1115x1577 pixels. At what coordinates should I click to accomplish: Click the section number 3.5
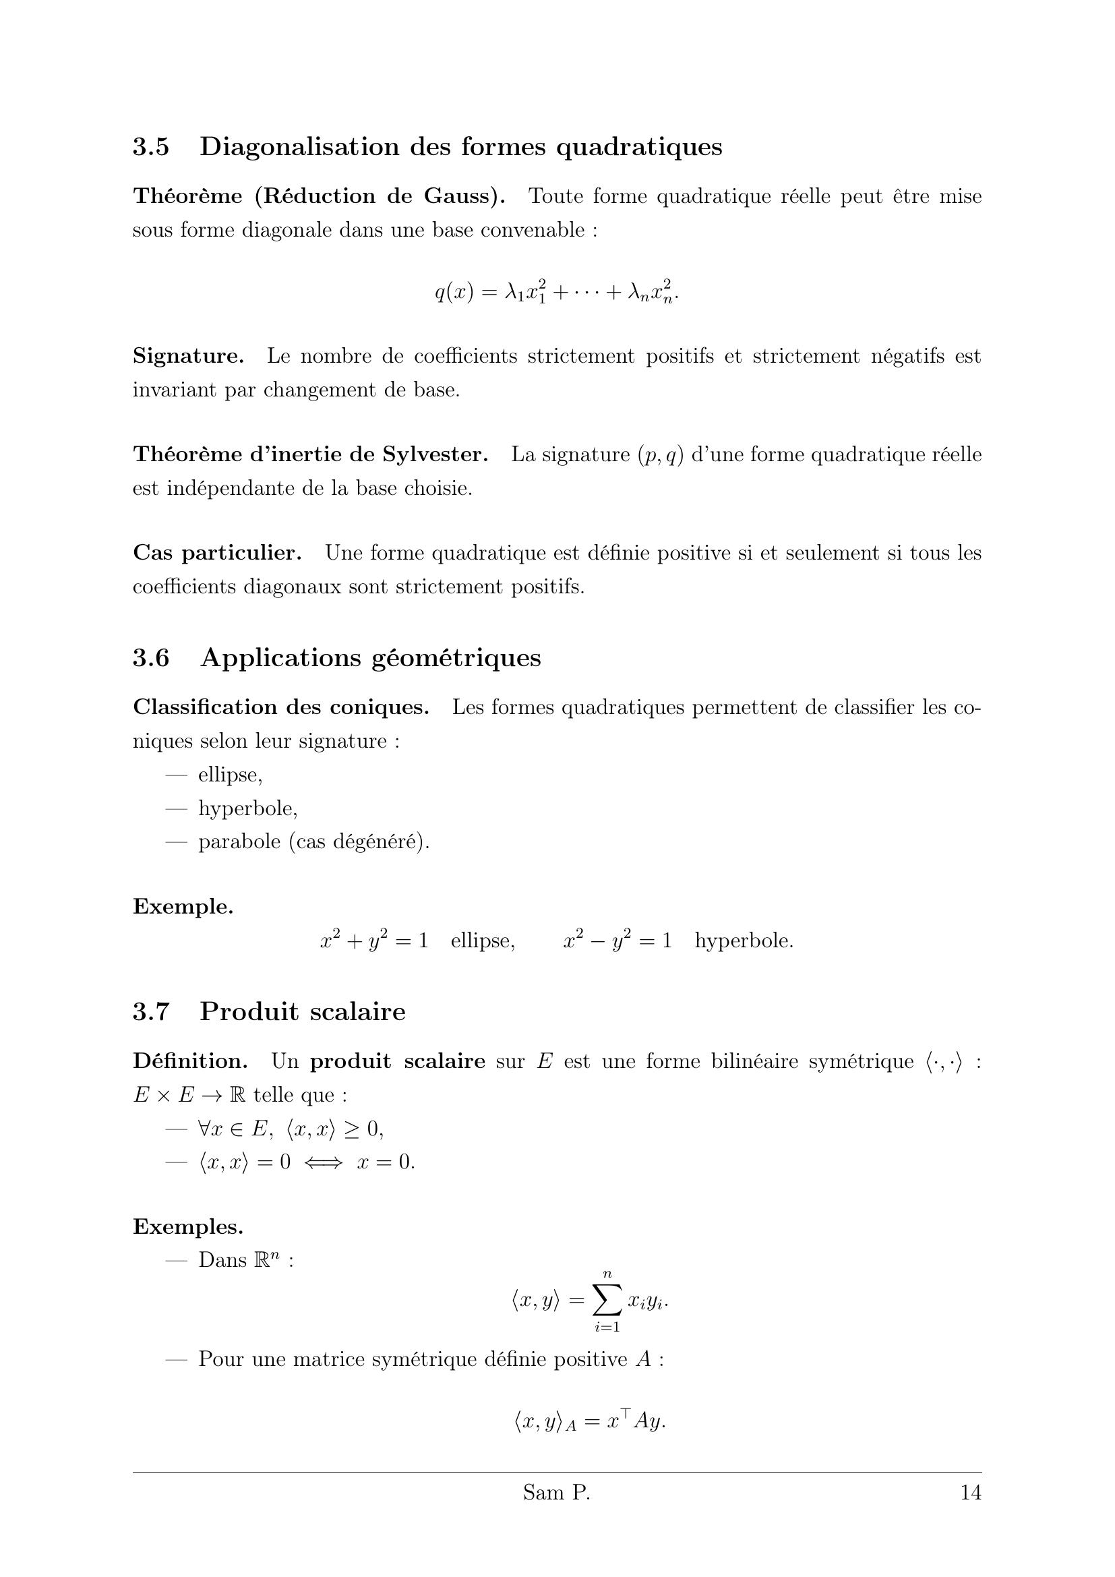(x=151, y=147)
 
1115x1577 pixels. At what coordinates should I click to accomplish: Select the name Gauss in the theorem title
(x=463, y=196)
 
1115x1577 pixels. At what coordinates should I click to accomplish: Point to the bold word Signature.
(x=188, y=356)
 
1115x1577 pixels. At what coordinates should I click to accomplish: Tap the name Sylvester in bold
(x=435, y=454)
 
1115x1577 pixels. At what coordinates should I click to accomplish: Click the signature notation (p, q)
(x=661, y=455)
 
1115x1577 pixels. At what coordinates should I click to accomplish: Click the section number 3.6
(x=151, y=657)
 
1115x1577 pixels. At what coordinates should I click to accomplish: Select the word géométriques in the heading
(x=456, y=658)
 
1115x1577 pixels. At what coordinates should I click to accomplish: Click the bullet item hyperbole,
(x=248, y=808)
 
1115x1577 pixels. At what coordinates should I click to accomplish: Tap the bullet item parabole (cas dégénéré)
(x=313, y=841)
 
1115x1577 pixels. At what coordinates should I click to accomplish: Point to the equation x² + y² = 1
(x=374, y=941)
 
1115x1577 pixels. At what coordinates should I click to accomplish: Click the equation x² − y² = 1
(x=617, y=941)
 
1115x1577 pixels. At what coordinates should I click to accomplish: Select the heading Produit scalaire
(x=302, y=1012)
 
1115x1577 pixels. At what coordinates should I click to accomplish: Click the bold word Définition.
(x=190, y=1061)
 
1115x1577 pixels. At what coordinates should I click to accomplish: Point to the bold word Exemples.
(x=187, y=1226)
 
